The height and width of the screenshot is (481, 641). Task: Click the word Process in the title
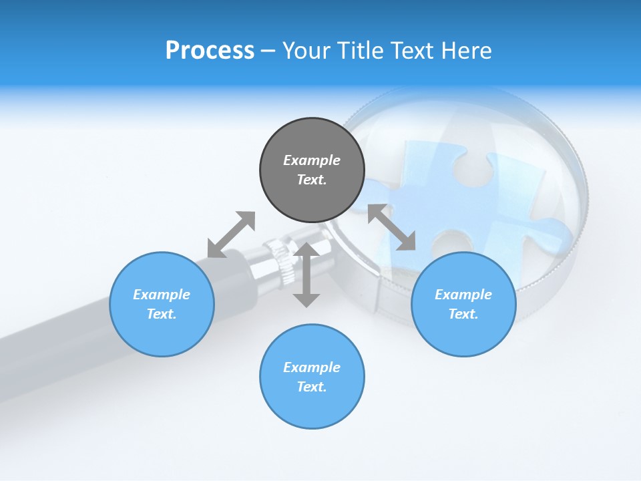[x=210, y=51]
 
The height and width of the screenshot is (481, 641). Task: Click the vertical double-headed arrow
[x=306, y=275]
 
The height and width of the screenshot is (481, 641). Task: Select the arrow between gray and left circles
[x=231, y=234]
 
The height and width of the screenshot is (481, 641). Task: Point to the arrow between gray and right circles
[x=391, y=227]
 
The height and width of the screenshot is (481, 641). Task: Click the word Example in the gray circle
[x=312, y=160]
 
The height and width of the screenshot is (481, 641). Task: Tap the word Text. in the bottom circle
[x=312, y=387]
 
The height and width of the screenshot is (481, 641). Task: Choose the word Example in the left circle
[x=162, y=295]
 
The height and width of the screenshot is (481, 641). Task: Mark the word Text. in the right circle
[x=463, y=314]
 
